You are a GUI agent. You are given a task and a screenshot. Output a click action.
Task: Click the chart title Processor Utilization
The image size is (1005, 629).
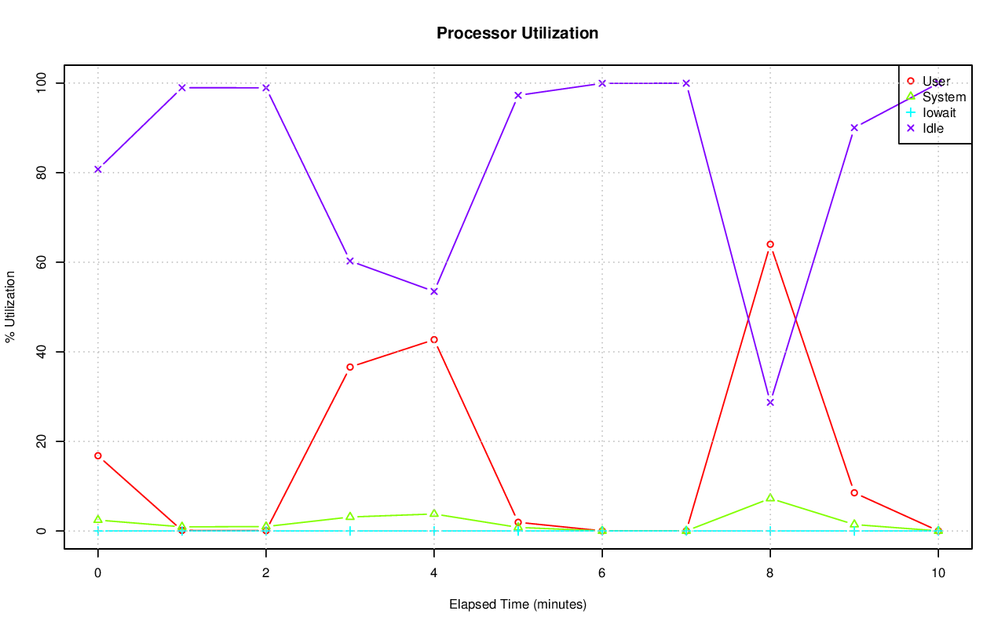click(x=517, y=33)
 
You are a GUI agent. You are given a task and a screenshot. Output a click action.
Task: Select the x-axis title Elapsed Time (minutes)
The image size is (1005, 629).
click(x=517, y=605)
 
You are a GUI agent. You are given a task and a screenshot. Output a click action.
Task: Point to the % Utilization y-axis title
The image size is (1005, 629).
click(x=10, y=307)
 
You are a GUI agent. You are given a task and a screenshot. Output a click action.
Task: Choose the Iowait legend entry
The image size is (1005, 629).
click(x=939, y=112)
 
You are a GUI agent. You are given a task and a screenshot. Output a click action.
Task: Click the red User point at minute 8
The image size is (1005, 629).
click(x=770, y=244)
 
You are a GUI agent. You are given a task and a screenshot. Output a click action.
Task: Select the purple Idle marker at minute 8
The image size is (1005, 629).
click(x=770, y=402)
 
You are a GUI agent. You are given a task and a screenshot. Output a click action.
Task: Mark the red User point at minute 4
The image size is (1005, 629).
click(x=434, y=340)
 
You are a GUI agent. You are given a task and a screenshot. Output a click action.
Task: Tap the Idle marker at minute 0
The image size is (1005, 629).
click(x=98, y=169)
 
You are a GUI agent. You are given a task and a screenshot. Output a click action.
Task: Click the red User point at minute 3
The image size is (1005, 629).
click(x=350, y=367)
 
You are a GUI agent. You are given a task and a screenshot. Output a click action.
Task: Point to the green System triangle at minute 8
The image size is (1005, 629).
click(x=770, y=498)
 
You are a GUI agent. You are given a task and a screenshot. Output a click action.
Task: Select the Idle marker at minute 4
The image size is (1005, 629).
click(x=434, y=291)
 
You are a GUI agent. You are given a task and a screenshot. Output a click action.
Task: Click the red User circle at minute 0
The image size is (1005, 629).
click(x=98, y=455)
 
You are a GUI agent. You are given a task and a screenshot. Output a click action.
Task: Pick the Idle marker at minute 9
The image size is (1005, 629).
click(x=854, y=127)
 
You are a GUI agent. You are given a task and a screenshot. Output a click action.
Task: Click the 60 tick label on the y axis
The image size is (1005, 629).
click(x=42, y=262)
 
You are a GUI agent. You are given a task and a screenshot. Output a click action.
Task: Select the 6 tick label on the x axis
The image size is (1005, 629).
click(x=602, y=573)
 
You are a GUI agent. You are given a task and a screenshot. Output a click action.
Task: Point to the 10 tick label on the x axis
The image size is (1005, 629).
click(x=937, y=573)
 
